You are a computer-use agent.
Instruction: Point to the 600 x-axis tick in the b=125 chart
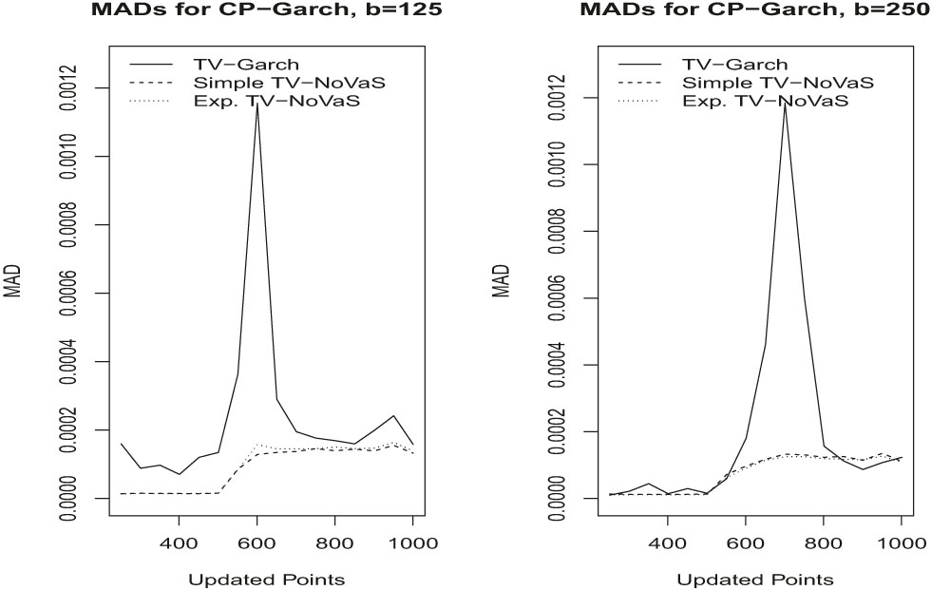(x=256, y=547)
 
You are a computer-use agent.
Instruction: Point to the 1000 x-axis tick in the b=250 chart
(x=900, y=547)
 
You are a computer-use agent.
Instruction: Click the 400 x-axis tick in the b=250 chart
(x=668, y=547)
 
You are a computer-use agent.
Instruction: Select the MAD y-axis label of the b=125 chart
(x=13, y=282)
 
